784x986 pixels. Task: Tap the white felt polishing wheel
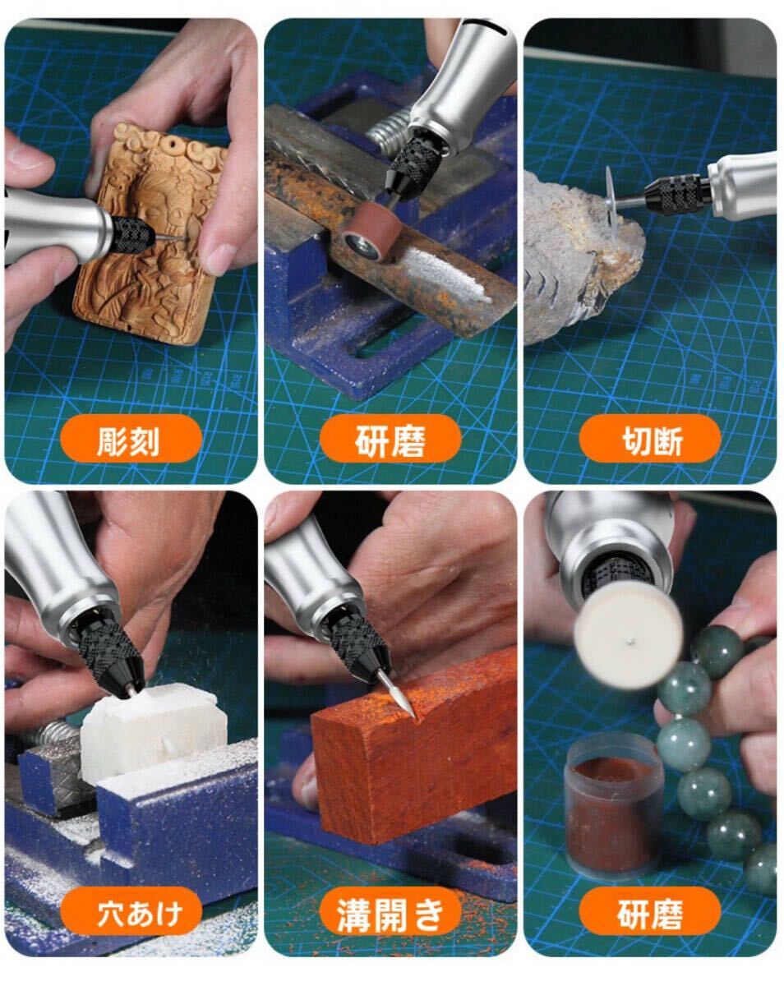[x=628, y=637]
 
